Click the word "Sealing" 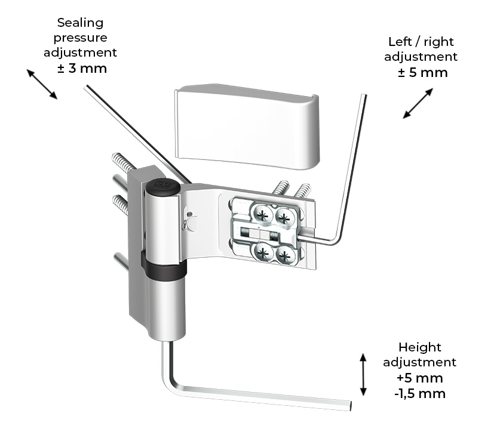tap(80, 23)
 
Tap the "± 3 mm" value tap(82, 68)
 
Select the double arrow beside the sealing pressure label tap(42, 84)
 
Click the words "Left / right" tap(421, 42)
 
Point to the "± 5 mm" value tap(422, 73)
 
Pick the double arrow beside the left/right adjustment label tap(418, 103)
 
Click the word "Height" tap(419, 347)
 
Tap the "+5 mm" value tap(419, 378)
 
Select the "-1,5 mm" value tap(420, 393)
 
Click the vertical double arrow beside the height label tap(363, 374)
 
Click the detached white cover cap tap(246, 125)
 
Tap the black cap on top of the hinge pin tap(162, 186)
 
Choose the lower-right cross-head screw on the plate tap(285, 257)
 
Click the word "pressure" tap(80, 38)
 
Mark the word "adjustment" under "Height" tap(419, 363)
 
